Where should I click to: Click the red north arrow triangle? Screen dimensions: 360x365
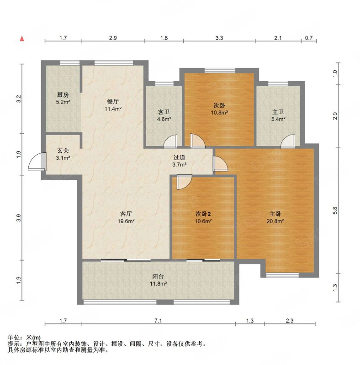[x=22, y=39]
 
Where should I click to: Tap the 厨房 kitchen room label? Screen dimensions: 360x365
[x=63, y=95]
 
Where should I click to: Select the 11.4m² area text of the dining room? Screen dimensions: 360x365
[x=113, y=109]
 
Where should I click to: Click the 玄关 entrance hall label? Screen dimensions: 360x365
[x=63, y=151]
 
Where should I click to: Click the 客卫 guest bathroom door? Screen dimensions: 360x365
[x=170, y=141]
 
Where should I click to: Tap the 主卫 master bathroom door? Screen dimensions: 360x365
[x=288, y=141]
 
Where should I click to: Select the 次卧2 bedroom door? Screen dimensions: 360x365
[x=184, y=182]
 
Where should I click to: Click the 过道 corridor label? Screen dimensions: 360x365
[x=179, y=157]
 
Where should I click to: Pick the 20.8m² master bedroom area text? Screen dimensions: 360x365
[x=275, y=221]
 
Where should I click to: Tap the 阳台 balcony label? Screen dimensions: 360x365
[x=158, y=276]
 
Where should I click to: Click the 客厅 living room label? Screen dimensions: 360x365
[x=126, y=214]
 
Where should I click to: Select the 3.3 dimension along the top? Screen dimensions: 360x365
[x=219, y=38]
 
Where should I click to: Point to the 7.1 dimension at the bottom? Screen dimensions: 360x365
[x=158, y=321]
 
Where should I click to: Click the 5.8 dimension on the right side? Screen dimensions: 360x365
[x=335, y=210]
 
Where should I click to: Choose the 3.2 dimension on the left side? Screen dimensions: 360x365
[x=19, y=99]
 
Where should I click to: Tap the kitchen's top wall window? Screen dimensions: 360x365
[x=69, y=63]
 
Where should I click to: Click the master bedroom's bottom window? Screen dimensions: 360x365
[x=282, y=275]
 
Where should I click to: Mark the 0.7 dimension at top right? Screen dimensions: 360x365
[x=309, y=38]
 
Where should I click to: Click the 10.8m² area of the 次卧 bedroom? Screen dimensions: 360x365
[x=219, y=112]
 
